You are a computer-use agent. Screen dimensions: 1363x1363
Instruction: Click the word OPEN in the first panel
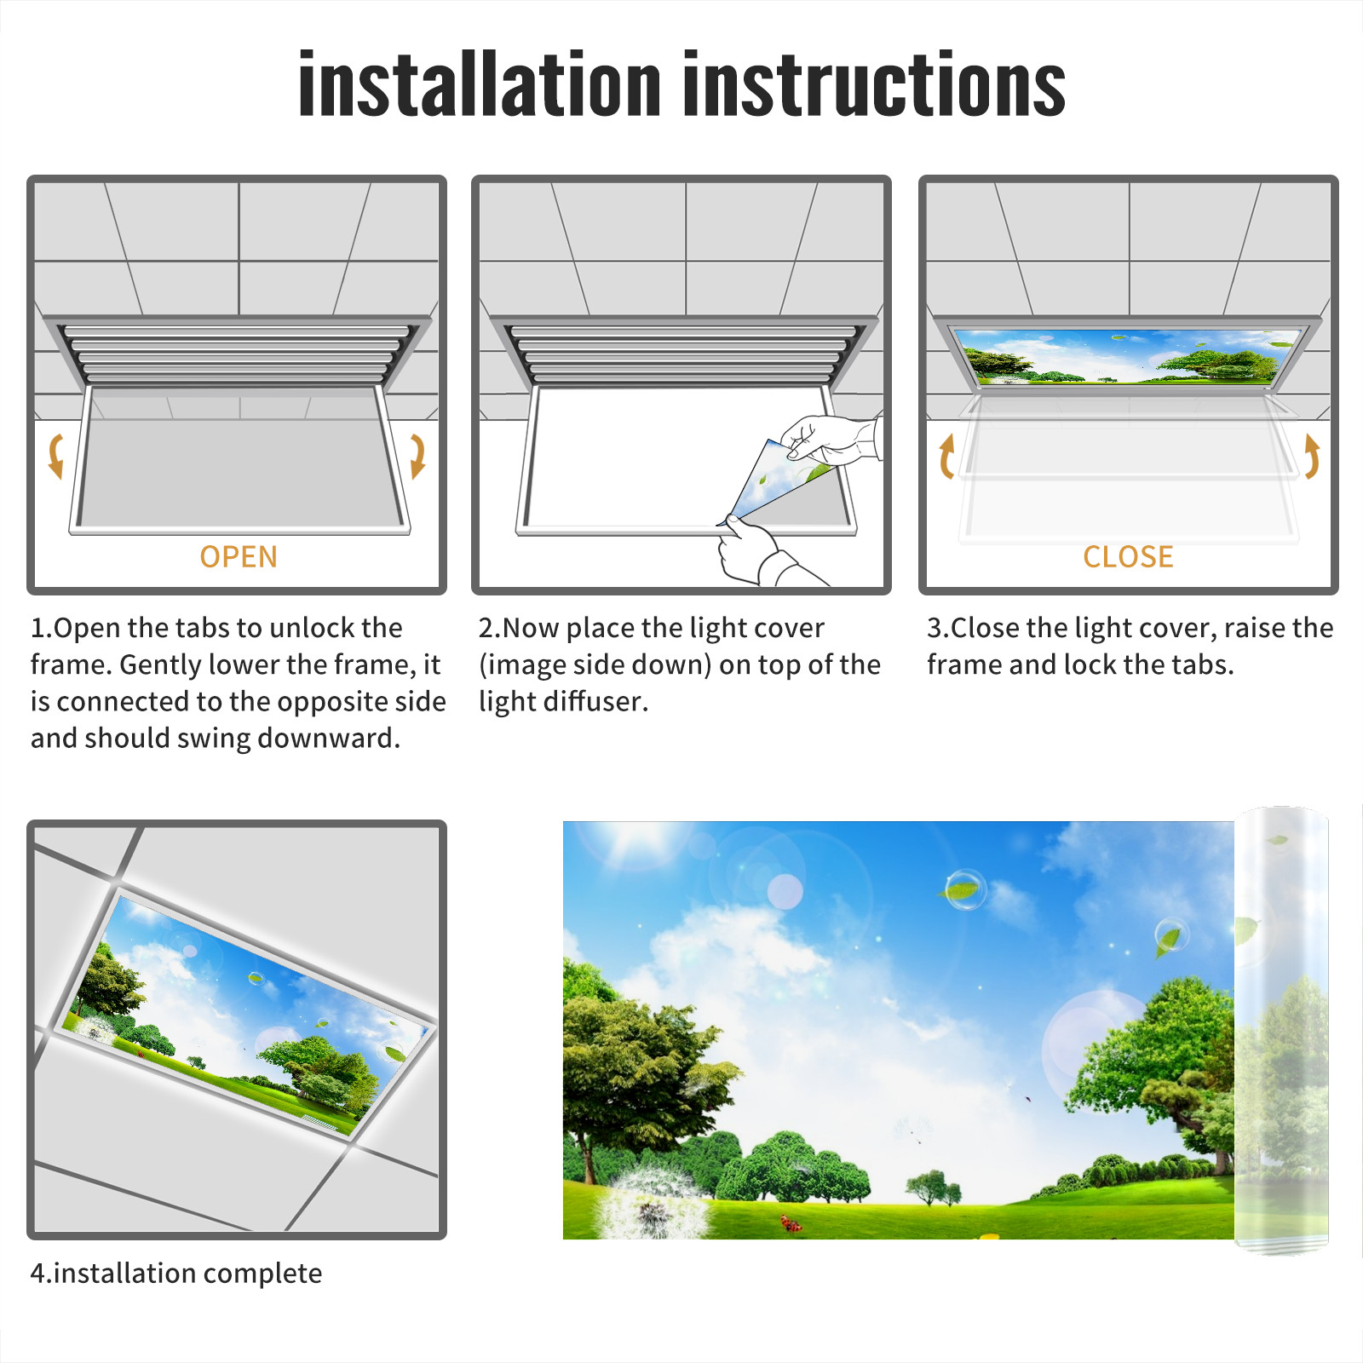click(x=239, y=557)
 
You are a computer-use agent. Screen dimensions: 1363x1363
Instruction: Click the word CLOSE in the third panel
click(x=1128, y=557)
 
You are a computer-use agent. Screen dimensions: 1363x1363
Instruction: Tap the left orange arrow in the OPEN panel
click(x=56, y=456)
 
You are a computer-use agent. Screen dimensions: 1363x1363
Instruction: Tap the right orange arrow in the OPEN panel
click(x=417, y=456)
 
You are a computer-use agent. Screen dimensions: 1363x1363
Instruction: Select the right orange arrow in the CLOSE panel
click(x=1313, y=457)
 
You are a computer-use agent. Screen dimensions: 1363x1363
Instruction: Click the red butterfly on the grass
click(x=791, y=1224)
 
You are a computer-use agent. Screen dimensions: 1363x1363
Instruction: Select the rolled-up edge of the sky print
click(x=1281, y=1031)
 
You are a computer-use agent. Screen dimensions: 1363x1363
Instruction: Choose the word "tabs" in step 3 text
click(x=1199, y=664)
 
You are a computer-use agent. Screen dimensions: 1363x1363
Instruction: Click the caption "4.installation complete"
click(x=176, y=1273)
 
